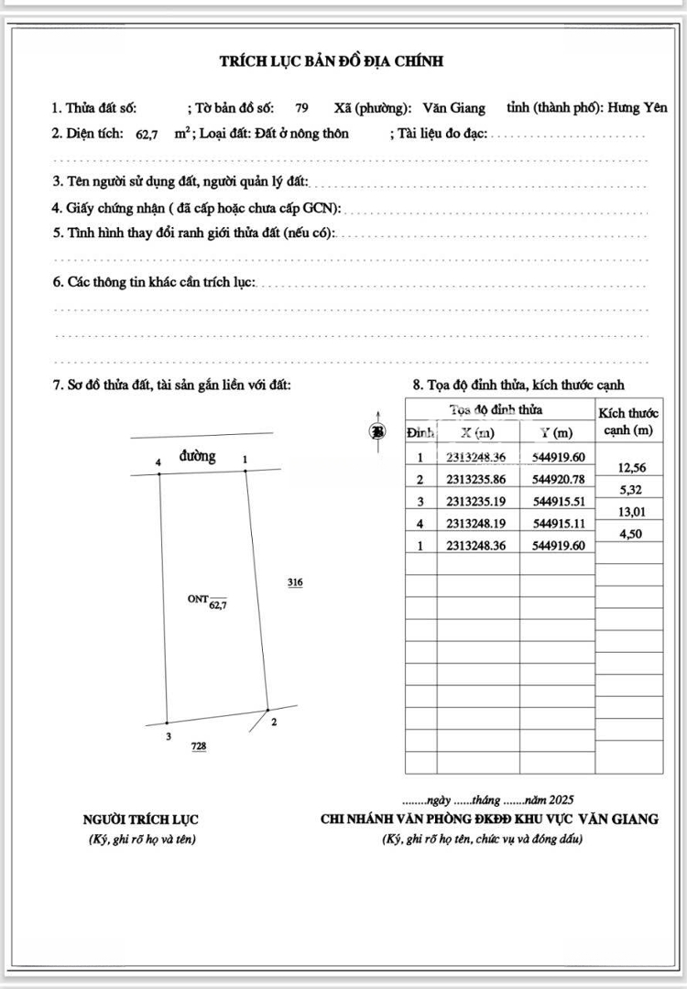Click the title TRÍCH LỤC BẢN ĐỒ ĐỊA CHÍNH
pos(332,61)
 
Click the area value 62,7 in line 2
pos(147,135)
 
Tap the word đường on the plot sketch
pos(198,456)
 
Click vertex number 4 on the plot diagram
pos(158,463)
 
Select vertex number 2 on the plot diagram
pos(275,722)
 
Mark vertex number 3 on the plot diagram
pos(168,735)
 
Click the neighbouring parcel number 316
pos(295,582)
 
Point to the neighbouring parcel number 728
pos(199,746)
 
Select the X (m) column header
pos(478,433)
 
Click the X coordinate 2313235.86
pos(478,480)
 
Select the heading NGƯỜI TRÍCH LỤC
pos(140,820)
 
